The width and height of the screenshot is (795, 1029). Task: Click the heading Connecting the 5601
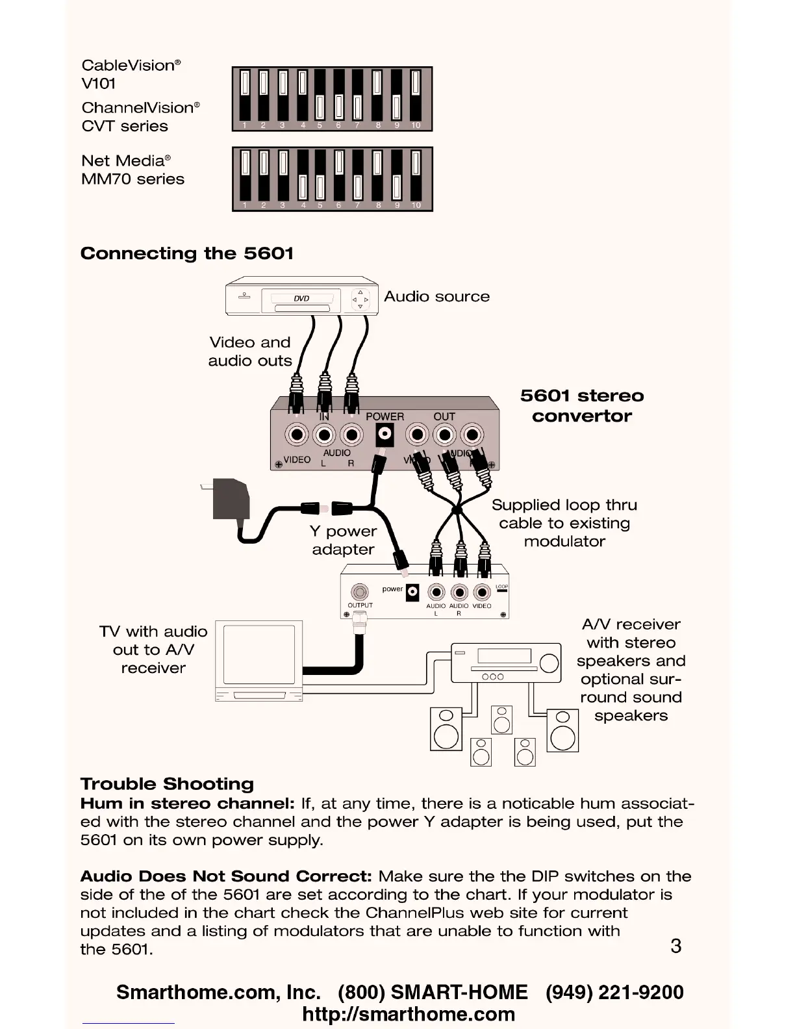point(187,253)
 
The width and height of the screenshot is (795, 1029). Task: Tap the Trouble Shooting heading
point(167,784)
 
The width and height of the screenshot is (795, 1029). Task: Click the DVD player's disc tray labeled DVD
point(301,299)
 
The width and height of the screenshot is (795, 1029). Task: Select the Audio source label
point(436,297)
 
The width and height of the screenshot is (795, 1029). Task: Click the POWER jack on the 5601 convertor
point(385,434)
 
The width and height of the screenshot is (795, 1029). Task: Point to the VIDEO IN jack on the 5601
point(297,435)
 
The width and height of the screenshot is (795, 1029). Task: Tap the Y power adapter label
point(343,540)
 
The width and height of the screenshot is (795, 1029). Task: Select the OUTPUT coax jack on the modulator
point(360,592)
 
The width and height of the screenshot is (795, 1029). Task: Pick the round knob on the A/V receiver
point(549,663)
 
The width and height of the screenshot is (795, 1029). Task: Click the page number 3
point(675,946)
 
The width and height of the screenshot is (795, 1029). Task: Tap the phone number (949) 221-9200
point(614,993)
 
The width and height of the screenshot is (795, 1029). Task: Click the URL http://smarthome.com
point(409,1015)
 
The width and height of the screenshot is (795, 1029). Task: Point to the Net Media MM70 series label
point(132,170)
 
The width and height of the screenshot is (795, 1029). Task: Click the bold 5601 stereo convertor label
point(582,406)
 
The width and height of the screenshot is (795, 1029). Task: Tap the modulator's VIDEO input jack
point(482,592)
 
